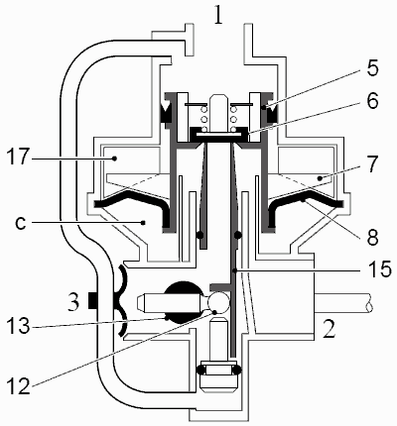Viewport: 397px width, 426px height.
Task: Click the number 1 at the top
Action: coord(218,14)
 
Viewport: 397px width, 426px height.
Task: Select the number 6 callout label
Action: coord(373,100)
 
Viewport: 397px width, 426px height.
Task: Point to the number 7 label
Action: coord(372,163)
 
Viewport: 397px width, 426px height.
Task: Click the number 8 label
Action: coord(372,237)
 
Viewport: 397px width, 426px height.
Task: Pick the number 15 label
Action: coord(379,269)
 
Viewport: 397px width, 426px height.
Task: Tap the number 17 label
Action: coord(16,156)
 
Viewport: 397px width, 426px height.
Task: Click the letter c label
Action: coord(21,224)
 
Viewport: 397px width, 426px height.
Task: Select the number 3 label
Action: coord(73,302)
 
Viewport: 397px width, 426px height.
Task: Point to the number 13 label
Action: coord(17,326)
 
